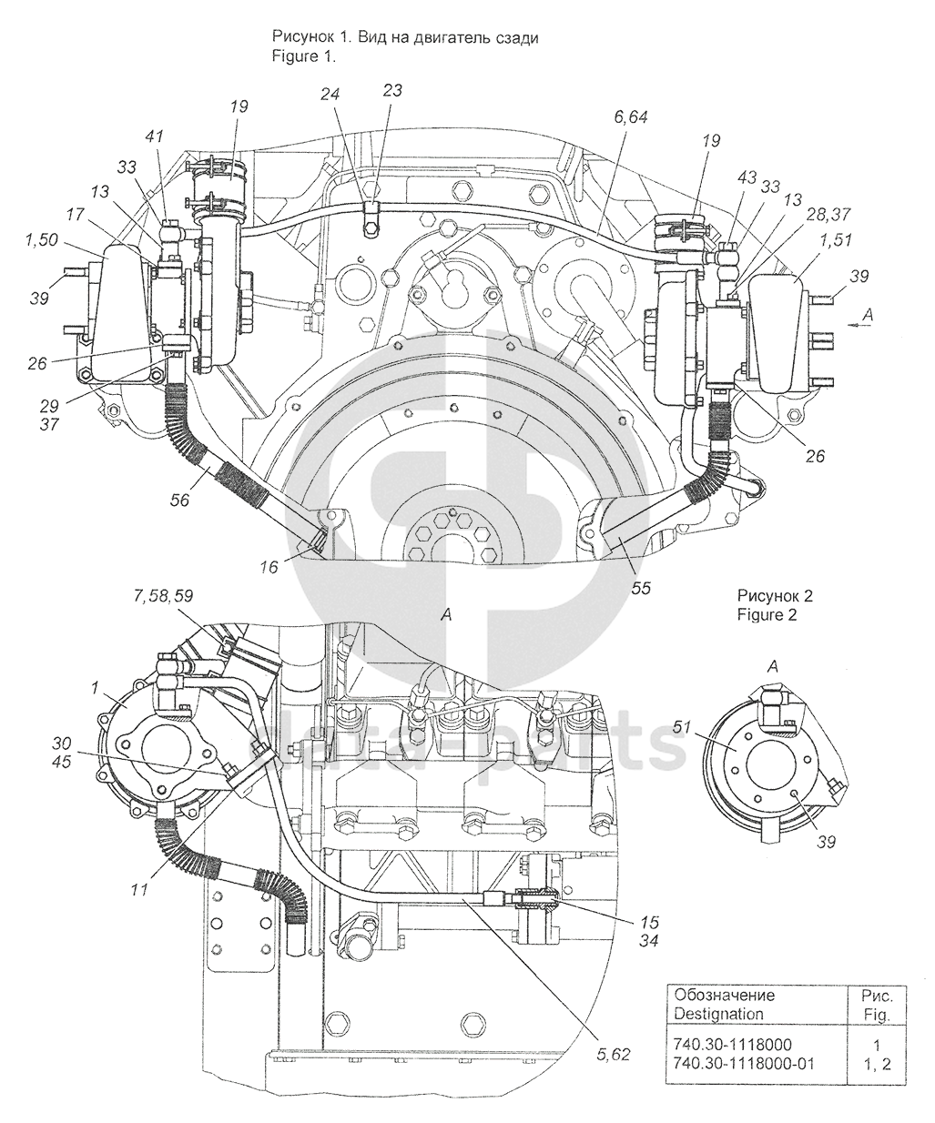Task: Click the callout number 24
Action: [x=330, y=95]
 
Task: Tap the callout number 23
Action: [x=392, y=90]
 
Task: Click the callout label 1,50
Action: [x=42, y=240]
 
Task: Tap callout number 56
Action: [x=180, y=501]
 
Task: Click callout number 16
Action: [x=269, y=567]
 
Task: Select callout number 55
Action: [x=641, y=589]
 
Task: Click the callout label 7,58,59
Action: [x=162, y=596]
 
